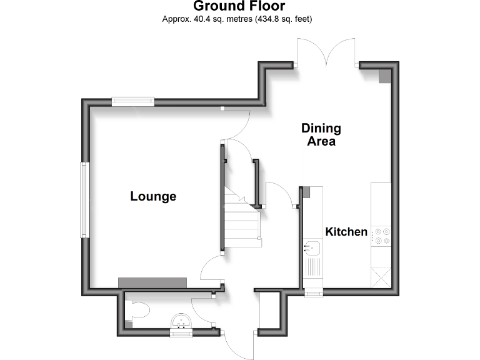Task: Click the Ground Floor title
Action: (239, 7)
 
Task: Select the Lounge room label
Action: (153, 196)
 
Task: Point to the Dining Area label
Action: (321, 134)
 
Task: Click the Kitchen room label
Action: (346, 232)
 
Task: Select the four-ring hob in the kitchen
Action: (381, 236)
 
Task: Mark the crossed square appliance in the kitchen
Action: (381, 277)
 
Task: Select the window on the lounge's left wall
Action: (83, 200)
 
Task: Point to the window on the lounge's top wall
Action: (133, 100)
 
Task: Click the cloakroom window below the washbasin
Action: (182, 334)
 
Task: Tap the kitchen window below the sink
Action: (313, 292)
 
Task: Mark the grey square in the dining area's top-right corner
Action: (384, 75)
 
